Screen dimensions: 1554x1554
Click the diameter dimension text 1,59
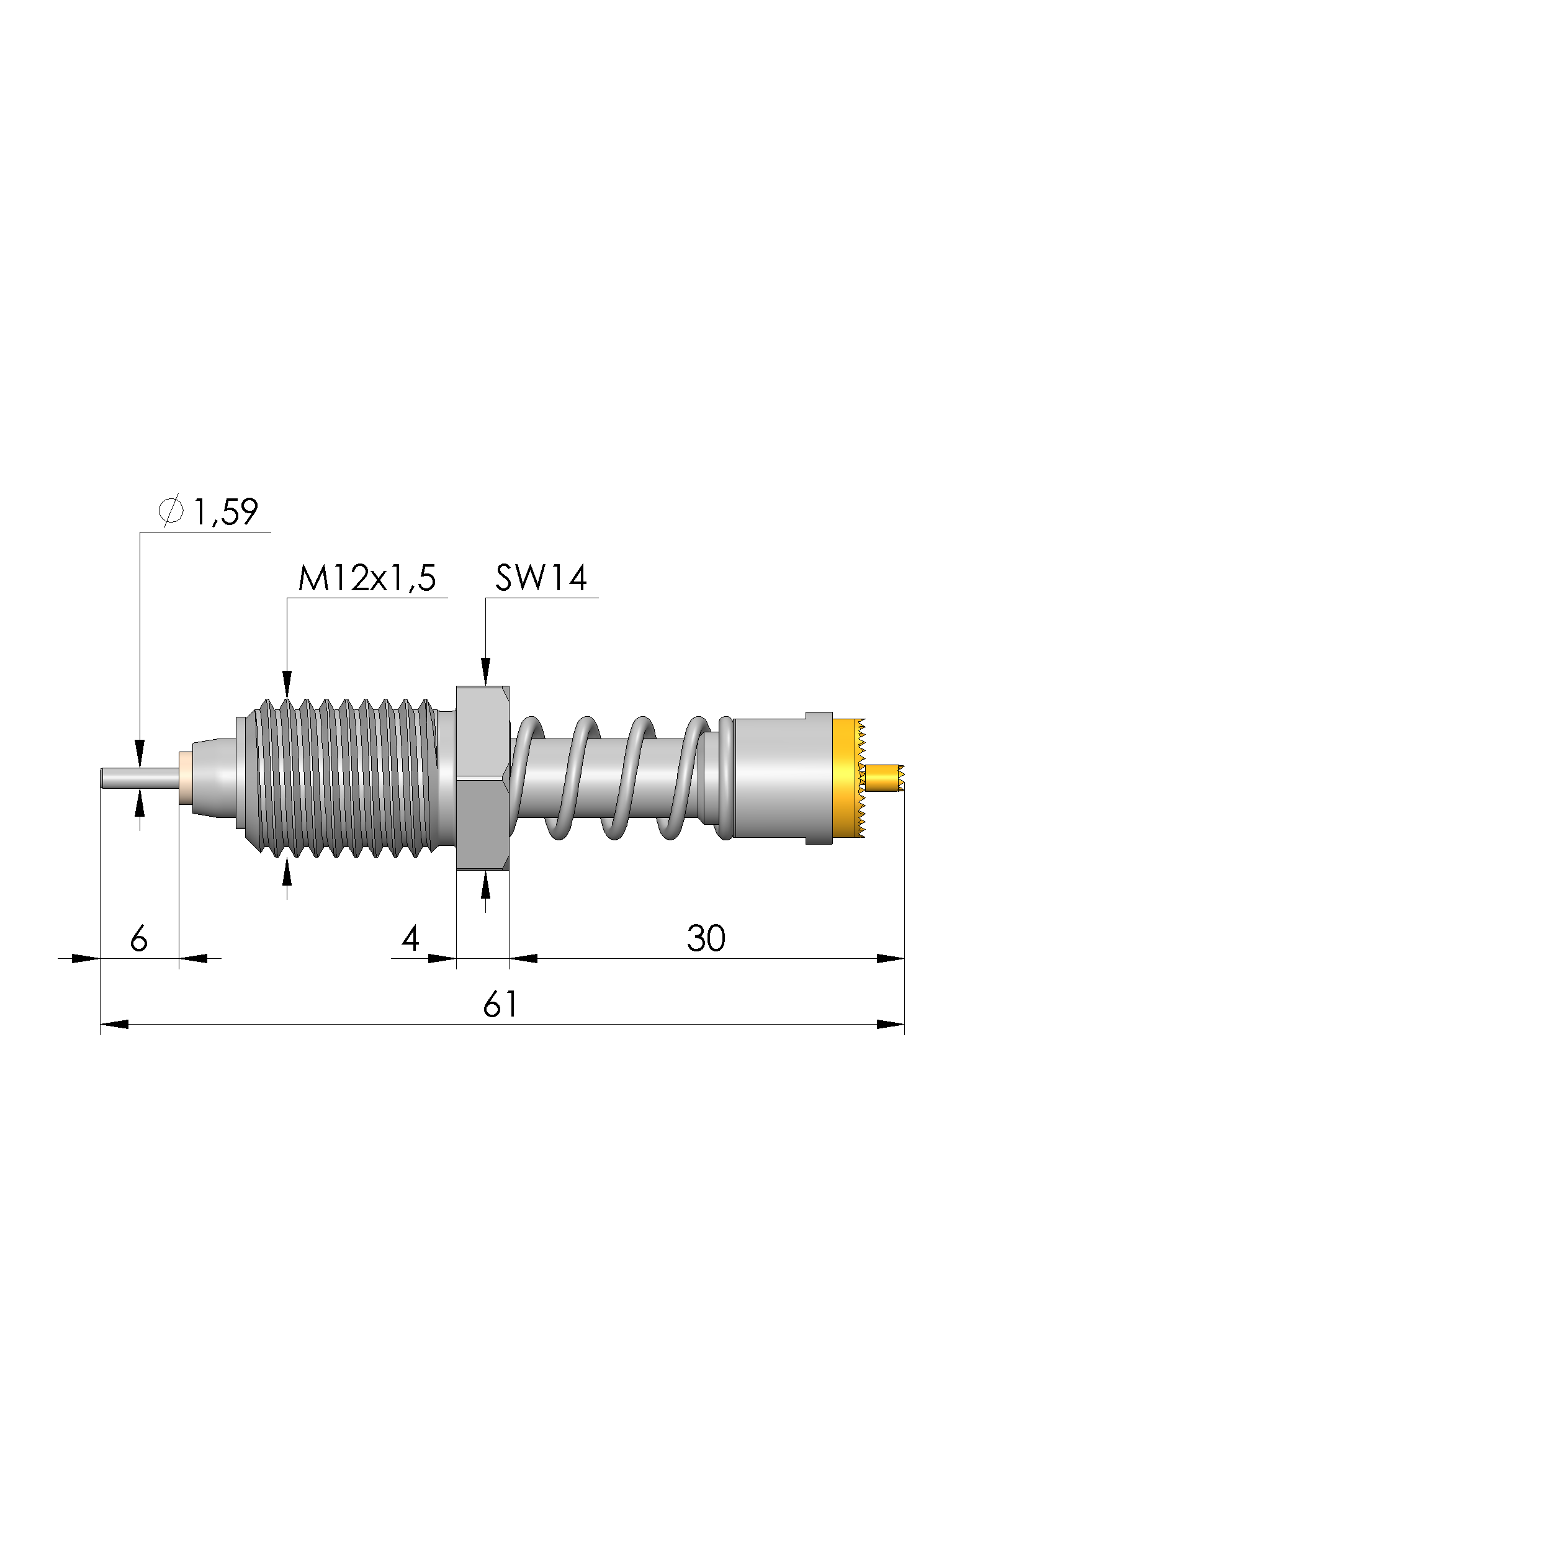tap(226, 513)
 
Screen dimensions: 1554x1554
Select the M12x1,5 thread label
tap(367, 578)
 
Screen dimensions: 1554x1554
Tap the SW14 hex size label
tap(541, 578)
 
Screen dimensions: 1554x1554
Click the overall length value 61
tap(500, 1005)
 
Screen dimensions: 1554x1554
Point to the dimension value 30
tap(706, 939)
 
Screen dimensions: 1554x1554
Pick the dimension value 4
tap(410, 939)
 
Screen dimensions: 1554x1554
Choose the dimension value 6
tap(138, 939)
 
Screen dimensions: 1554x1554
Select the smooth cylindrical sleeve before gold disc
tap(780, 778)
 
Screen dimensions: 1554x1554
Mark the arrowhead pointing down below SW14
tap(485, 671)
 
